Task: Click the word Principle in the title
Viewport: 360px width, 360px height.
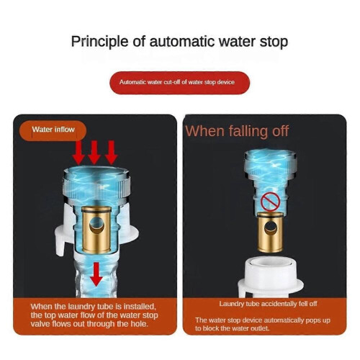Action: [100, 42]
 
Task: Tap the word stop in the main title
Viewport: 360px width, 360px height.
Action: [274, 42]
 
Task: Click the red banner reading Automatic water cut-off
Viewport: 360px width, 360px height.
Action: [179, 83]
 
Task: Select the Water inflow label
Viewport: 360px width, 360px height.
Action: [53, 130]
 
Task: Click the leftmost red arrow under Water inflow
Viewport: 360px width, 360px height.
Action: [79, 153]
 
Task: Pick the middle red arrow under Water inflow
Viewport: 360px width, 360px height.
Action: [94, 153]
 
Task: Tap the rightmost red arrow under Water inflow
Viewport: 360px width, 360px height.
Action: [111, 153]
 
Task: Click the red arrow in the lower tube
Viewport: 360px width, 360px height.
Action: [96, 274]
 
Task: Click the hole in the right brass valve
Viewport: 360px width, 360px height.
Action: [270, 228]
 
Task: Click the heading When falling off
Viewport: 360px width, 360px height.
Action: [237, 131]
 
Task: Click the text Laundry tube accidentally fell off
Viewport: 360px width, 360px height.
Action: [268, 304]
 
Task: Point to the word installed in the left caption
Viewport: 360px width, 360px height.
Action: [139, 307]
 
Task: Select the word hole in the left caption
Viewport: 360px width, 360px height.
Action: [139, 324]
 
